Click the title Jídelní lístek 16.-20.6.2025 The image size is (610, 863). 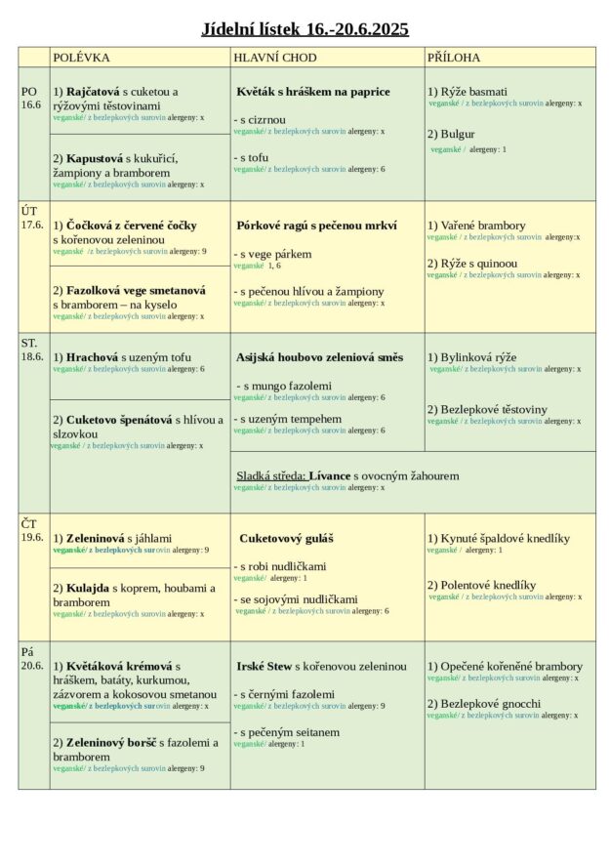coord(305,29)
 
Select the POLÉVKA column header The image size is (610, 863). coord(81,58)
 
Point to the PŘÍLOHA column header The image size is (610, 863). coord(454,58)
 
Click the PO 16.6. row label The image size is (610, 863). coord(32,98)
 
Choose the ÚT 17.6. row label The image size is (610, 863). coord(32,217)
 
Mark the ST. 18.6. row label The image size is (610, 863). coord(32,349)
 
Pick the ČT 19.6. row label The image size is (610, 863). coord(32,530)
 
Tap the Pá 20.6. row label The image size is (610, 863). coord(32,659)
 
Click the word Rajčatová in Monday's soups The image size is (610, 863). coord(93,92)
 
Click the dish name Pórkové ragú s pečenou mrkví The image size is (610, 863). coord(316,226)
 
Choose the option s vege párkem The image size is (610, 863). coord(273,254)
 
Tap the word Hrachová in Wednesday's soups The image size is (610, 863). coord(92,357)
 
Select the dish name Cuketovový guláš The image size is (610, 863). coord(287,538)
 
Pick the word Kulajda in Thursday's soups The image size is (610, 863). coord(88,588)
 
